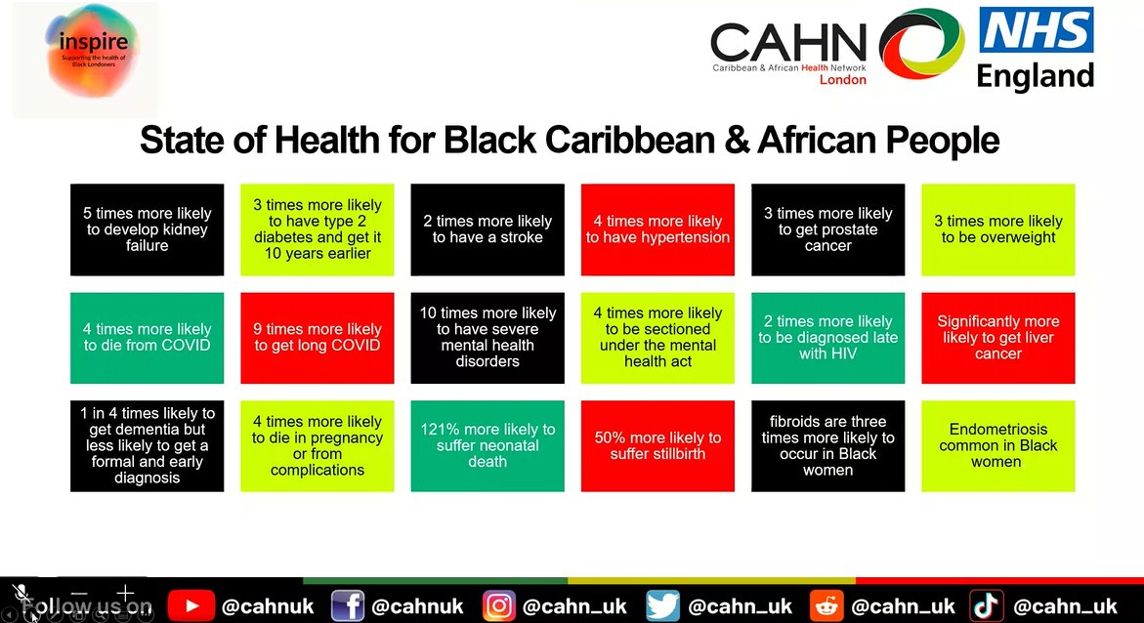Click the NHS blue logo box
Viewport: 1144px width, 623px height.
click(1036, 32)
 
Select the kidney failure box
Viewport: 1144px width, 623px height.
click(148, 229)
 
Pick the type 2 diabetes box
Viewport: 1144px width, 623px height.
click(318, 229)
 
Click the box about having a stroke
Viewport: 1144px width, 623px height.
click(487, 229)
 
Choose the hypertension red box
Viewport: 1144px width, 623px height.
click(657, 229)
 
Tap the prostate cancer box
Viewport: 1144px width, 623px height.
click(827, 229)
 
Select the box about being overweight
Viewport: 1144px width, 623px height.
click(997, 229)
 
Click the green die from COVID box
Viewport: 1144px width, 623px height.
click(148, 337)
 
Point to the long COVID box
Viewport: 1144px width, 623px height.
click(318, 337)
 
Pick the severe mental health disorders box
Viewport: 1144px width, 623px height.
click(487, 337)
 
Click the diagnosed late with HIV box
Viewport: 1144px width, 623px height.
click(827, 337)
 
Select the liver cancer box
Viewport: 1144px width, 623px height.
click(997, 337)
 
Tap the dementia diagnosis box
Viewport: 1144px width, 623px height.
click(148, 445)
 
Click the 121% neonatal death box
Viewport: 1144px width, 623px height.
click(487, 445)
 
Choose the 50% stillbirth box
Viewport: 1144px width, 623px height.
click(657, 445)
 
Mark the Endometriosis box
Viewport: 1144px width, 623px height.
click(997, 445)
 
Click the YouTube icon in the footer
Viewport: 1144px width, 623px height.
click(190, 606)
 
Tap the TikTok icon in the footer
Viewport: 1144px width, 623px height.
click(987, 606)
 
